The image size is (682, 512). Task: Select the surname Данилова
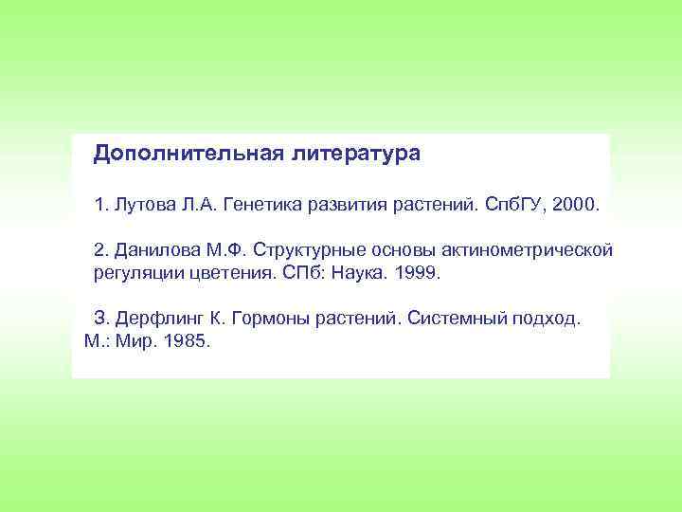[x=156, y=250]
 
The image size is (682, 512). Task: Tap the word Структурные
[x=314, y=250]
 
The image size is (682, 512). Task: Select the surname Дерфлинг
[x=161, y=320]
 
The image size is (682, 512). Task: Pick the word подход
[x=547, y=320]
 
